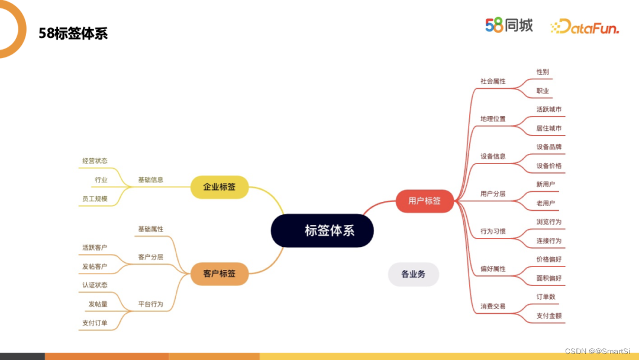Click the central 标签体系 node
tap(322, 230)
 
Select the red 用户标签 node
tap(424, 201)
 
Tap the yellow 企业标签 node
tap(219, 187)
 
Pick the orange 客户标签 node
tap(219, 274)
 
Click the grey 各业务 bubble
tap(413, 274)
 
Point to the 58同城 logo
tap(509, 25)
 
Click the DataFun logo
tap(585, 27)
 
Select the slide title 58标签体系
tap(73, 33)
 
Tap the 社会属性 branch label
tap(493, 81)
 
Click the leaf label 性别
tap(543, 72)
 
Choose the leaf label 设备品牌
tap(549, 147)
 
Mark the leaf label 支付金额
tap(549, 316)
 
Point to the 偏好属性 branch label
tap(493, 269)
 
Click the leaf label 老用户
tap(546, 203)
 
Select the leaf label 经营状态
tap(95, 160)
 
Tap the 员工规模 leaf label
tap(95, 198)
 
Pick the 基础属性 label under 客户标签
tap(150, 229)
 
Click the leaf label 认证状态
tap(95, 285)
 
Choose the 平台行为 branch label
tap(150, 304)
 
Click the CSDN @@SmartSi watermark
tap(597, 351)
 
